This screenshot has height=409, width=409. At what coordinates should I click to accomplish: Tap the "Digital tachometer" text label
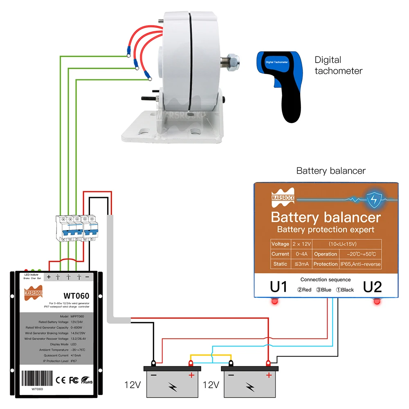pos(338,65)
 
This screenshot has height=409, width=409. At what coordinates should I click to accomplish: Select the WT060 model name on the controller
pos(76,295)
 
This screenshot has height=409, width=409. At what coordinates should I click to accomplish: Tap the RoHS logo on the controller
pos(87,380)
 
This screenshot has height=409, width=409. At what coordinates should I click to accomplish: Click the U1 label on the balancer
pos(279,287)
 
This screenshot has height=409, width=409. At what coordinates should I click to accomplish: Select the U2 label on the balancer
pos(372,287)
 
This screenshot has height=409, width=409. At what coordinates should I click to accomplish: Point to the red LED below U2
pos(376,302)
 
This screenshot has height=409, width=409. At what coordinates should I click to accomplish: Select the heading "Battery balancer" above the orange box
pos(331,171)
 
